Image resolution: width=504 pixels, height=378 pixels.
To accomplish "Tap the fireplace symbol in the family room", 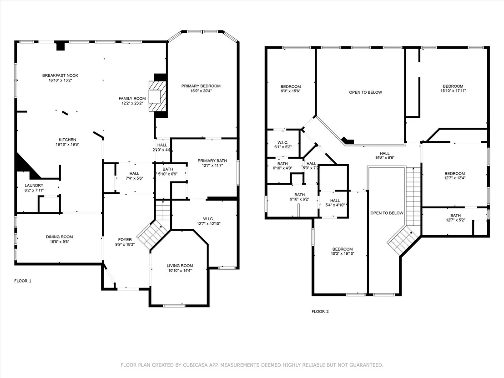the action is click(x=157, y=96).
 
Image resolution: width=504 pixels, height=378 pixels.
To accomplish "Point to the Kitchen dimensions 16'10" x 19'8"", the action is click(x=67, y=145).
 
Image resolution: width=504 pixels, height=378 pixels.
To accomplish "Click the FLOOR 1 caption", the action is click(x=23, y=281).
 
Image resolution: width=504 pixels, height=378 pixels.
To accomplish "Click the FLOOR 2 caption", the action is click(x=320, y=312).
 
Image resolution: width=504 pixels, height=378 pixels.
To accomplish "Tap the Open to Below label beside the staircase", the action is click(x=387, y=213).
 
